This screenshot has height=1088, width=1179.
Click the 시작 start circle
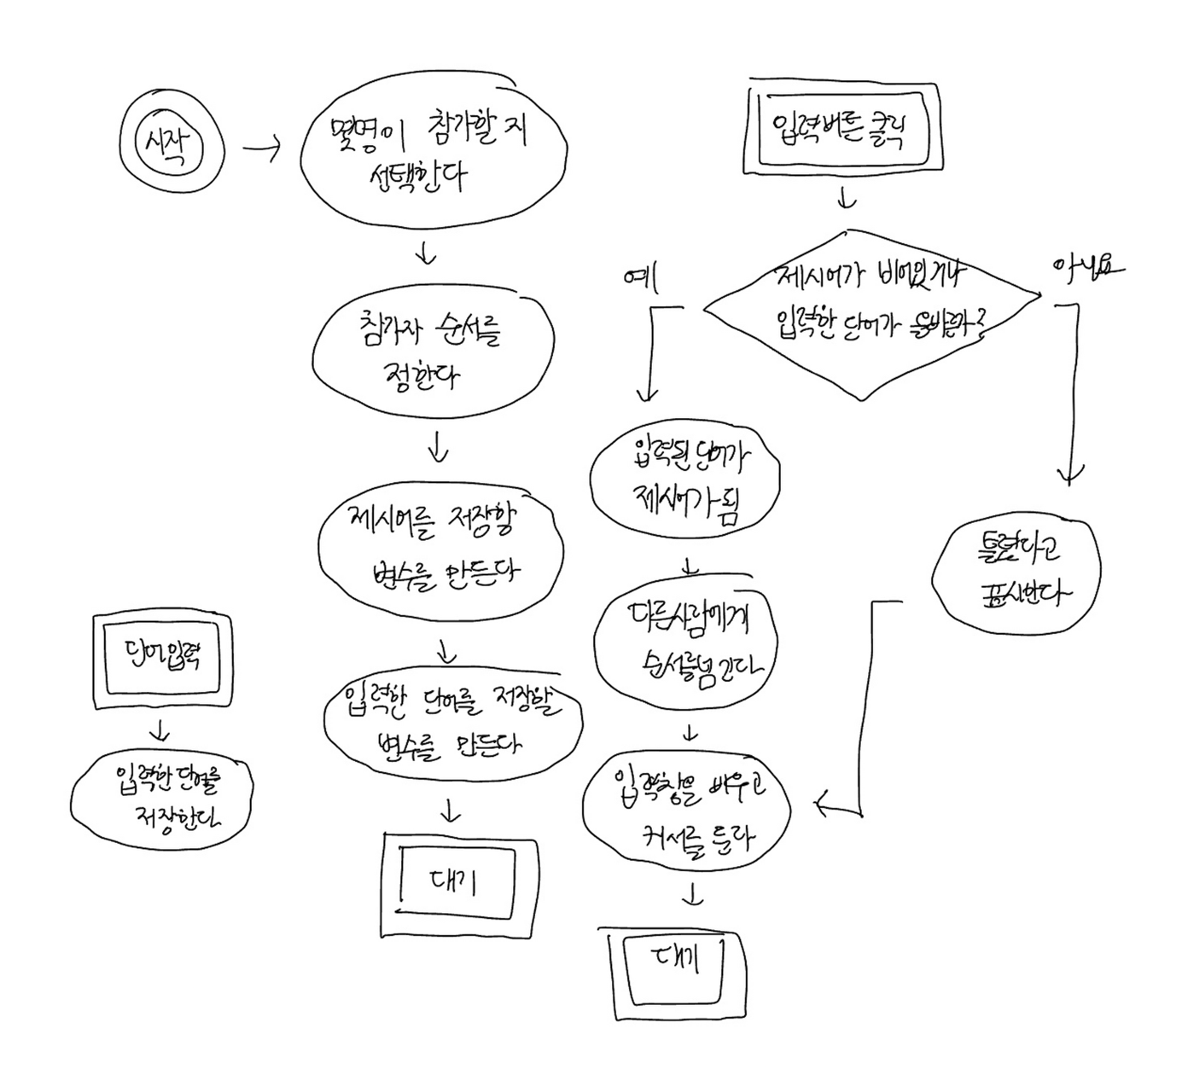click(172, 143)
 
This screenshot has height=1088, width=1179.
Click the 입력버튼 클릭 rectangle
click(843, 128)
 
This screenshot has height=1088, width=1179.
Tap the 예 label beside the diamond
click(641, 278)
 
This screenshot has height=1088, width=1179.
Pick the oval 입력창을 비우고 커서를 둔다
click(687, 811)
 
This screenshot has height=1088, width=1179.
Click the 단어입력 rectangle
click(163, 660)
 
